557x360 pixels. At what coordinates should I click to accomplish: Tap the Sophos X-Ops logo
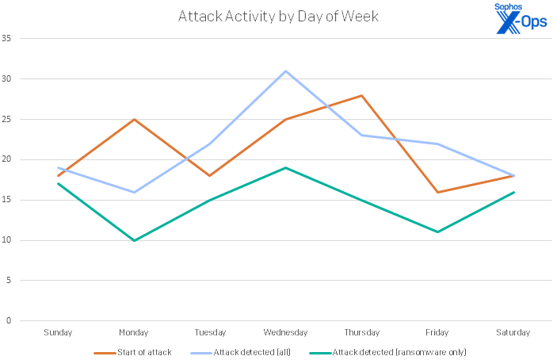520,20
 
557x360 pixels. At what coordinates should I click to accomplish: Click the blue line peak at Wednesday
286,71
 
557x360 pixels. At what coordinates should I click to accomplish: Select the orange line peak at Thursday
361,95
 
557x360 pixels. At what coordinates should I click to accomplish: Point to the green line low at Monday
135,240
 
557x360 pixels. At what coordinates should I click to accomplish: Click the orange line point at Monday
135,120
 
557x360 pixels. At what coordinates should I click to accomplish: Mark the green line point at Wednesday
286,167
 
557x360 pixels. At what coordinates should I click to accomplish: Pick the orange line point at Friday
437,192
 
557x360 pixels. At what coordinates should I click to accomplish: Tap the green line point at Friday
437,232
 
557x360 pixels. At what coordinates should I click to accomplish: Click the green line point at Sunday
59,184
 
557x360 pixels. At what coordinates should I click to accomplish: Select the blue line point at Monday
135,192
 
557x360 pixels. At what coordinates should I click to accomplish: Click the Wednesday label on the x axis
286,332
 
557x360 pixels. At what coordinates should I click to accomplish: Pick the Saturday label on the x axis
513,332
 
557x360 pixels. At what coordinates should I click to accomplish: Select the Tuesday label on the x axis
210,332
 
